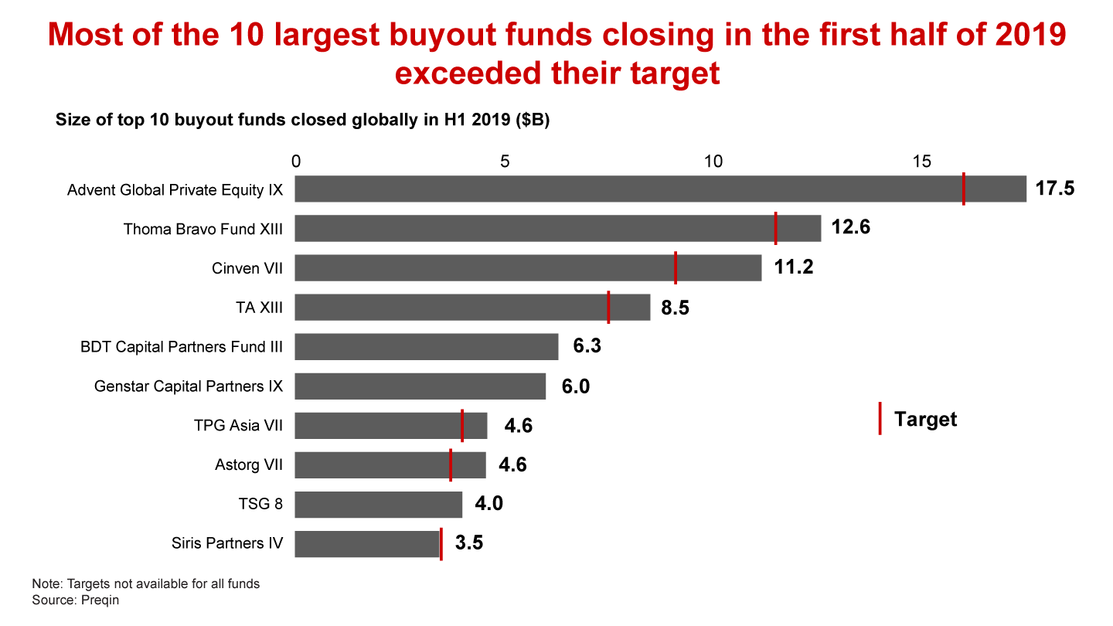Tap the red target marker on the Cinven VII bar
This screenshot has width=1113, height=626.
pos(676,267)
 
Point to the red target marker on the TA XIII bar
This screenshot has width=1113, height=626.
pos(608,307)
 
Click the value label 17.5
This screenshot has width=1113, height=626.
pos(1055,189)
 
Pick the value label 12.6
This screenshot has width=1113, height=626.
pos(851,228)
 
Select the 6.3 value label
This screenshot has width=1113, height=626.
pos(587,346)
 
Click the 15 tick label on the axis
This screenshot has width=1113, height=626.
pos(921,162)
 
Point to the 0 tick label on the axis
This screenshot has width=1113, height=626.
pos(295,162)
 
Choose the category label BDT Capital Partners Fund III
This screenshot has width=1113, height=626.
pos(182,347)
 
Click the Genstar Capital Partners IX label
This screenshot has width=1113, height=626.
pos(189,386)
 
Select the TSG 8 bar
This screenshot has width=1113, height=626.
pos(379,505)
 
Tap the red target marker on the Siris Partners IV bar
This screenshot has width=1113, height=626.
pos(441,544)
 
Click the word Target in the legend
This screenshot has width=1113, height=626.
pos(925,419)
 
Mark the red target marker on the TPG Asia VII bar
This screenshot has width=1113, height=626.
pos(462,426)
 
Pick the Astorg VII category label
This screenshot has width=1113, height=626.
pos(248,465)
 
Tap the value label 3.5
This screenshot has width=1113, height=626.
pos(469,543)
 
